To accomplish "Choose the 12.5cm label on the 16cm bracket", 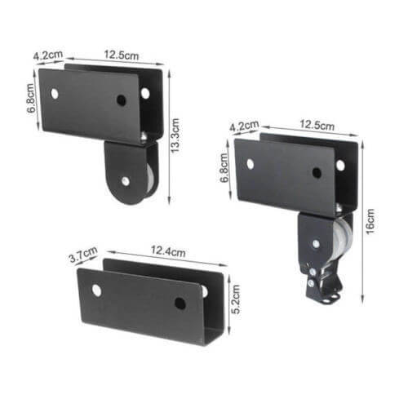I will coord(317,127).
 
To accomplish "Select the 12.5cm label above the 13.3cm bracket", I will coord(120,57).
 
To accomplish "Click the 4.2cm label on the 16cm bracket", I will coord(244,128).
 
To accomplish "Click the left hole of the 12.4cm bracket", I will coord(96,290).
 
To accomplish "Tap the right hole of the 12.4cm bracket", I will coord(180,303).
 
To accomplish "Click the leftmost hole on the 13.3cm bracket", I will coord(55,93).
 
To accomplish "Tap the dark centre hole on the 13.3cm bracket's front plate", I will coord(121,100).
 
